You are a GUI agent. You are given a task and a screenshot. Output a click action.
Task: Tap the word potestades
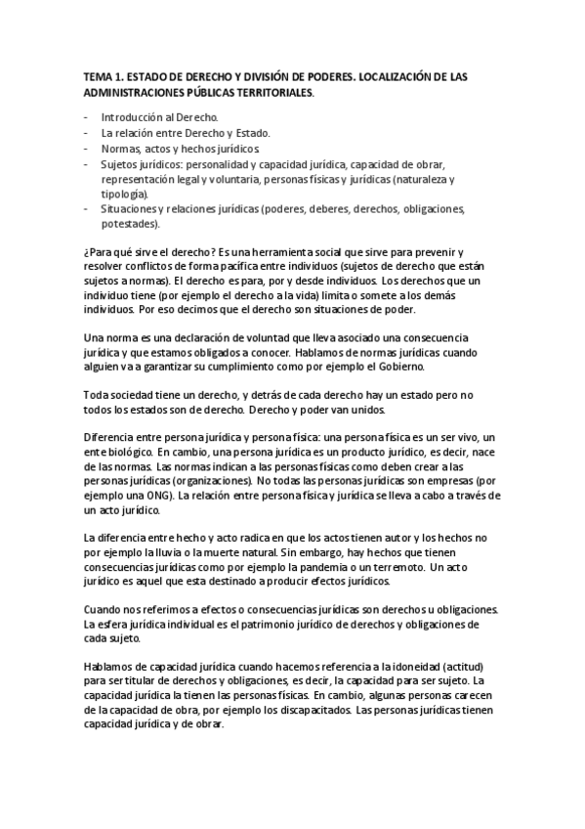(x=130, y=224)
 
